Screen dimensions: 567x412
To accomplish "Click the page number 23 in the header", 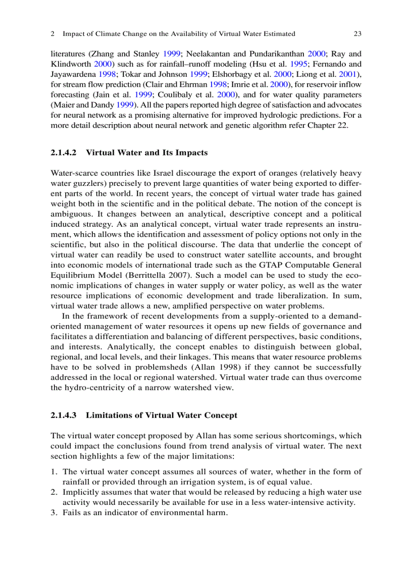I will tap(357, 34).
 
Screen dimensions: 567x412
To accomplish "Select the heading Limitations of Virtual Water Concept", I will tap(161, 416).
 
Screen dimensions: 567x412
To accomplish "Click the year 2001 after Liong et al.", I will tap(351, 74).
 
